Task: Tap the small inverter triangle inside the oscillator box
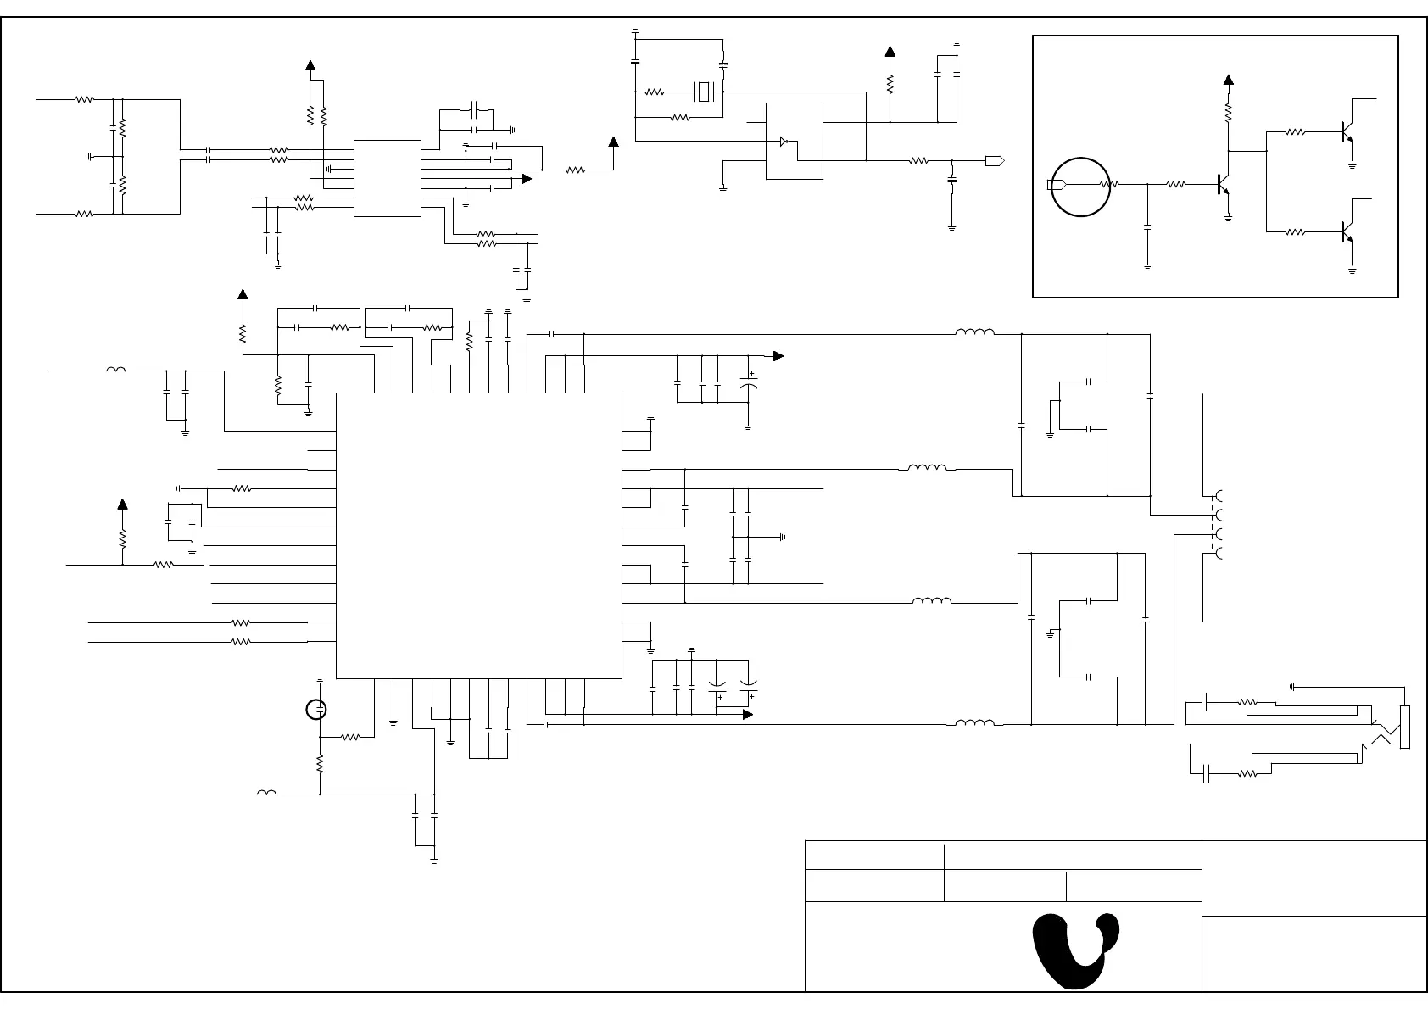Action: pos(784,142)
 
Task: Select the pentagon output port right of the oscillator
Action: pos(996,160)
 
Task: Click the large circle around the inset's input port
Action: pos(1080,187)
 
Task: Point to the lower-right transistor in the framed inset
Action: pos(1346,231)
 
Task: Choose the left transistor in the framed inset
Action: pos(1222,184)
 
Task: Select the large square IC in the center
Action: pos(479,535)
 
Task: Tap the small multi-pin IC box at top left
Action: pos(388,178)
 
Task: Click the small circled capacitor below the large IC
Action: pos(316,710)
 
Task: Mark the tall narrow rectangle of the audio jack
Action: pos(1405,727)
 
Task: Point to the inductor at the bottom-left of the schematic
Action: pos(266,794)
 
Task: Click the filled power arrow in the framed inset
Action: pos(1228,81)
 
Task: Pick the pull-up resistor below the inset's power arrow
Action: pos(1228,112)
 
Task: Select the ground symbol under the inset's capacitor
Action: pos(1147,266)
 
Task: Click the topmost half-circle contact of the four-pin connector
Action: pos(1220,496)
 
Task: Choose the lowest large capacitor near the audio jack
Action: pos(1206,773)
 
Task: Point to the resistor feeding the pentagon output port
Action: pos(918,160)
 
